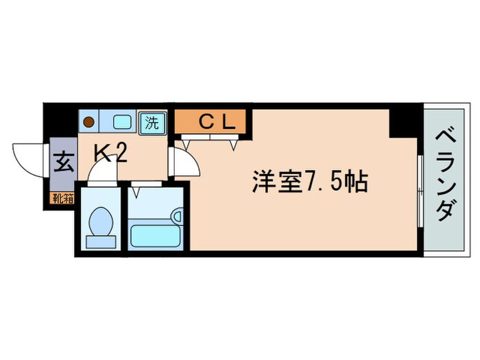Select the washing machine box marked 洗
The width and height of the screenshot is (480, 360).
[152, 123]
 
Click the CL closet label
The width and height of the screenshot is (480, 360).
[217, 122]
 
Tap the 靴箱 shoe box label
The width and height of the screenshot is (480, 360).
[60, 200]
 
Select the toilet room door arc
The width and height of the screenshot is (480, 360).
[103, 173]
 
